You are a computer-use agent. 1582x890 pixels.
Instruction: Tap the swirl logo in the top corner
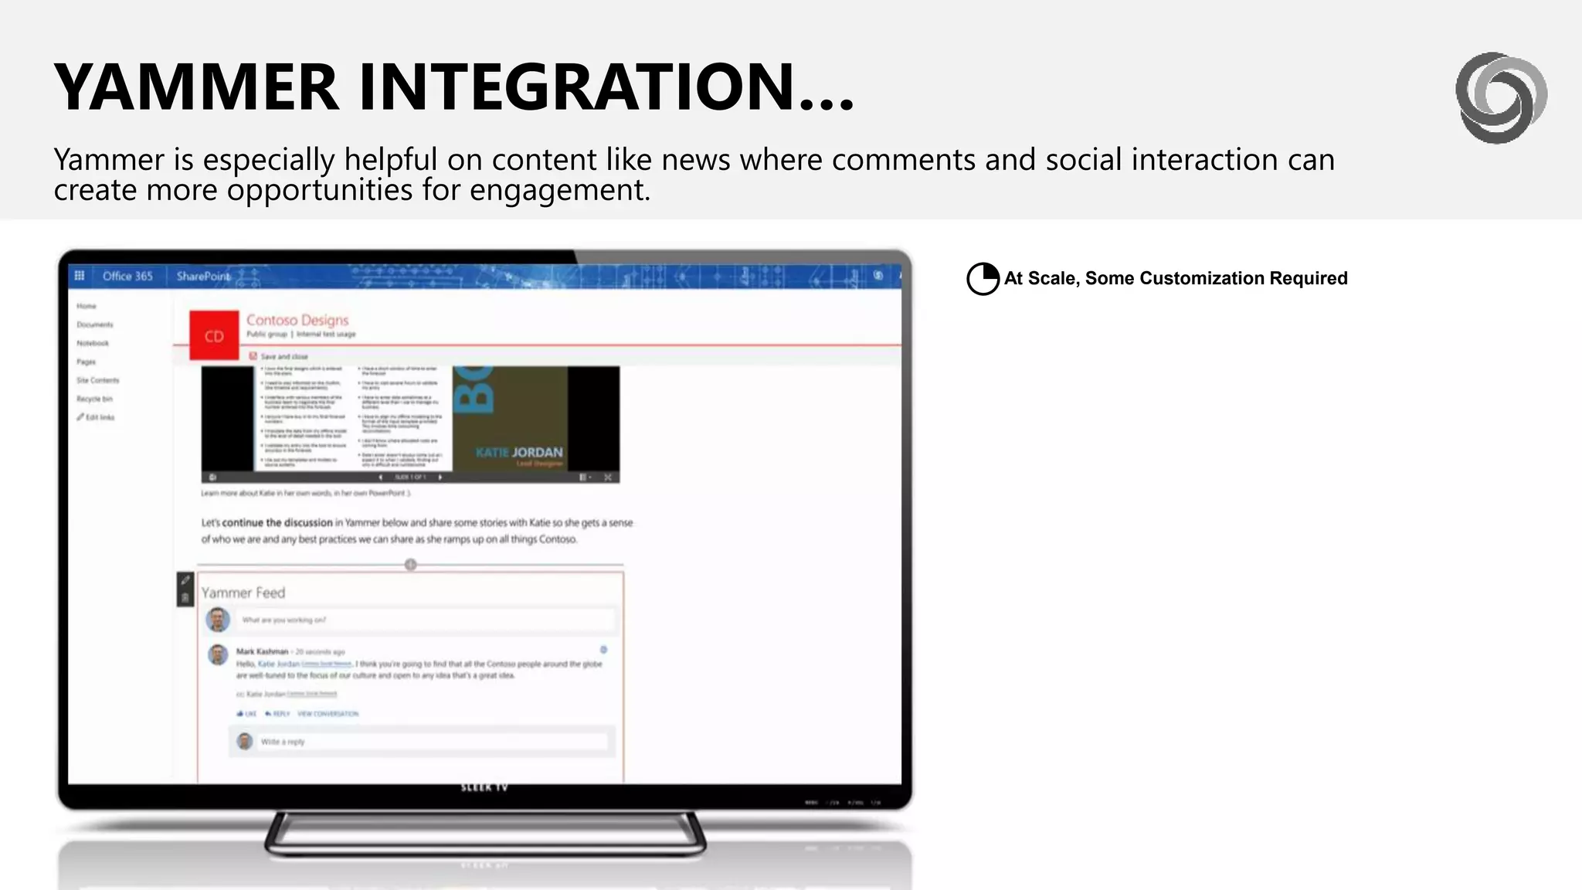point(1501,97)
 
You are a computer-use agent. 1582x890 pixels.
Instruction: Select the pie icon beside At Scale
point(983,279)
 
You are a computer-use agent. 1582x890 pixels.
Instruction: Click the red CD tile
point(214,336)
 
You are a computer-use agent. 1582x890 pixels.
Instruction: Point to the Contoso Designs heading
point(297,320)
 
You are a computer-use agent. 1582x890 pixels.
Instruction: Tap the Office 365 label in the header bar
point(127,276)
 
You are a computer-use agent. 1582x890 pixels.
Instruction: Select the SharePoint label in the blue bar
point(202,276)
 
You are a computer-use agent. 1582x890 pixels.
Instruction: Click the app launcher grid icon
point(80,276)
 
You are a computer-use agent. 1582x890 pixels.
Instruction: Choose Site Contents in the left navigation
point(98,380)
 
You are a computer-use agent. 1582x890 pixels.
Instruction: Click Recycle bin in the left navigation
point(94,399)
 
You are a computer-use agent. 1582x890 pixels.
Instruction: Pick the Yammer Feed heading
point(243,593)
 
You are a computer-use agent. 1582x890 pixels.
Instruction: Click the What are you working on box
point(425,620)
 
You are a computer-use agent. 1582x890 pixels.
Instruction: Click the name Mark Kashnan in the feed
point(262,651)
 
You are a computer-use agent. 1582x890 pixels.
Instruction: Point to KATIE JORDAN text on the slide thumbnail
point(519,452)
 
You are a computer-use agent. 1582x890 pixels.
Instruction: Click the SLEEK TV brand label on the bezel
point(484,787)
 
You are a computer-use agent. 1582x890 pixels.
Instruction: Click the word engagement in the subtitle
point(559,190)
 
